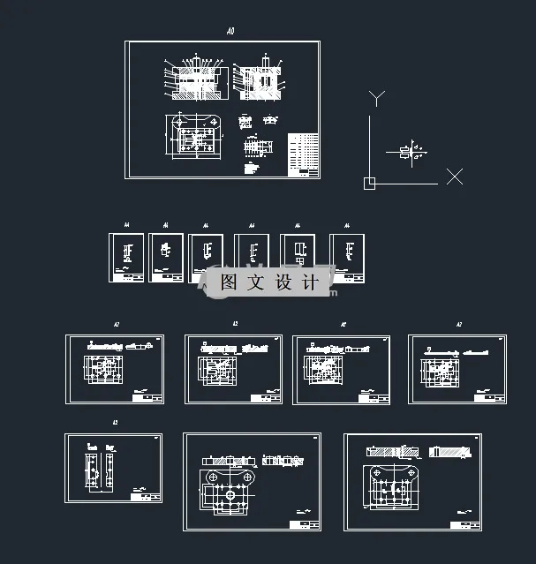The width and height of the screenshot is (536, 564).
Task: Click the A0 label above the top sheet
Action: [x=230, y=32]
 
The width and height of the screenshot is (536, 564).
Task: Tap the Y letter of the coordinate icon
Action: [x=377, y=97]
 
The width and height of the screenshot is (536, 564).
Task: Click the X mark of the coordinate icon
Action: [x=454, y=177]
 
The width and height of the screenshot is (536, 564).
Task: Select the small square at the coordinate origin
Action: [x=369, y=183]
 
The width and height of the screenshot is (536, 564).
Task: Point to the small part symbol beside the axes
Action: [x=406, y=152]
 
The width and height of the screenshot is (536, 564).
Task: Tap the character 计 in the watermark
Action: [x=309, y=282]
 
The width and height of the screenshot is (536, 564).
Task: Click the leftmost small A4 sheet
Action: [x=125, y=258]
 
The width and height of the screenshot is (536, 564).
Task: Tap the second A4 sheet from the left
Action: [x=165, y=258]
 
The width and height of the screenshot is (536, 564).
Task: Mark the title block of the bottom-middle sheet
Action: [x=303, y=524]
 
